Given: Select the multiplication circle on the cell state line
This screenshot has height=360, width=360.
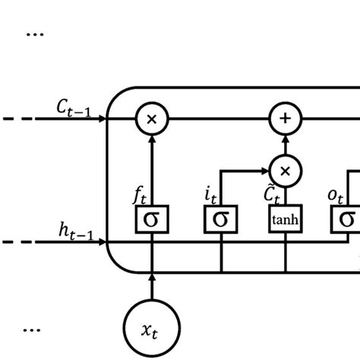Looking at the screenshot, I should pos(152,119).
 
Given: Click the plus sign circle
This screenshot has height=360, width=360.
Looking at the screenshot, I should pos(286,119).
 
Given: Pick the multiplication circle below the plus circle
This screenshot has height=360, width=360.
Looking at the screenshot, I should pos(286,171).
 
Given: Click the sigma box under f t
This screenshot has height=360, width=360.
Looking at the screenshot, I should pos(152,220).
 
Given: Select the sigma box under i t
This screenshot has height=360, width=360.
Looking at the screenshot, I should pos(220,220).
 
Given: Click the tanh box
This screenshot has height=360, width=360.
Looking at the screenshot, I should pos(286,220).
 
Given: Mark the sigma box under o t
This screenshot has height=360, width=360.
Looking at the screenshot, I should pos(346,220).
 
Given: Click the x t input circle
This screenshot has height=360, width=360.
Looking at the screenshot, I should pos(152,328).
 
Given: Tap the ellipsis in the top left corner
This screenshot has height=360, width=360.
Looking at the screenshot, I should pos(35,33).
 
